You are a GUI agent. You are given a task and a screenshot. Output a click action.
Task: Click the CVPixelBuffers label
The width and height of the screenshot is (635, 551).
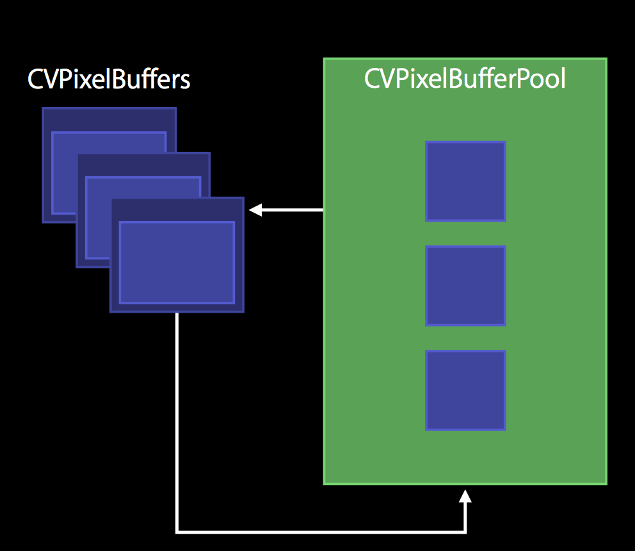click(x=109, y=80)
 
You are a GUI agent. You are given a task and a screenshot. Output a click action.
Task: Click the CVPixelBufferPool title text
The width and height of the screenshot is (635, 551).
click(x=465, y=79)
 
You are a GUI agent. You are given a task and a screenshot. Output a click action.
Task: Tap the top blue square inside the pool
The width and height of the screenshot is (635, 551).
click(x=465, y=181)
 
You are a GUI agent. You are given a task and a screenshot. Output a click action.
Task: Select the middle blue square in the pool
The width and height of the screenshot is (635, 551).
click(x=465, y=286)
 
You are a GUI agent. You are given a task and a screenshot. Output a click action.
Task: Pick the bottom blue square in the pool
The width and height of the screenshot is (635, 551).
click(x=465, y=390)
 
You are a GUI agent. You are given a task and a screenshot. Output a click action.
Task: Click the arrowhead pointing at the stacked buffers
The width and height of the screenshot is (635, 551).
click(x=255, y=210)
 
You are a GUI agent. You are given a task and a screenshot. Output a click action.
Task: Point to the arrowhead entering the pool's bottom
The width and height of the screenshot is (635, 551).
click(x=465, y=497)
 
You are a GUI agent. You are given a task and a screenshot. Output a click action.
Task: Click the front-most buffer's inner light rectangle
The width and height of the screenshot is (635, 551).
click(x=177, y=262)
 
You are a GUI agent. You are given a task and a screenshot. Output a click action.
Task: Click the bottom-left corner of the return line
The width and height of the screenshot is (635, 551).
click(x=177, y=531)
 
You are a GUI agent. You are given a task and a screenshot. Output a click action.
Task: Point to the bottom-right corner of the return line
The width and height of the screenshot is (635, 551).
click(x=465, y=531)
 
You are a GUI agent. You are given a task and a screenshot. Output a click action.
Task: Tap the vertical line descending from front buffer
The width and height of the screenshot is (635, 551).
click(x=177, y=416)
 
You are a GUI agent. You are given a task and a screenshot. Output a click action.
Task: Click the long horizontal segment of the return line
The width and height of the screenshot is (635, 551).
click(x=320, y=531)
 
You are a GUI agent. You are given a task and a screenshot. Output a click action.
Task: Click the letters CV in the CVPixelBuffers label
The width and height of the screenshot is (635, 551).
click(x=40, y=80)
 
